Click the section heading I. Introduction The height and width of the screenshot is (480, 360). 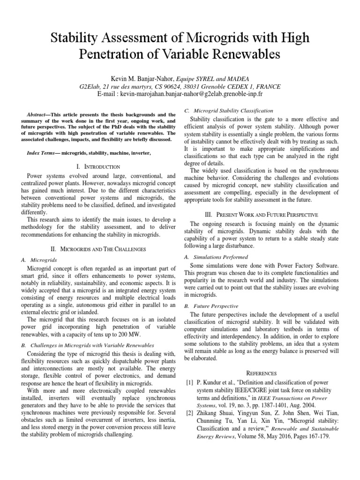click(97, 166)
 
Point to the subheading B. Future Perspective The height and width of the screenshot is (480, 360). click(209, 306)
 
